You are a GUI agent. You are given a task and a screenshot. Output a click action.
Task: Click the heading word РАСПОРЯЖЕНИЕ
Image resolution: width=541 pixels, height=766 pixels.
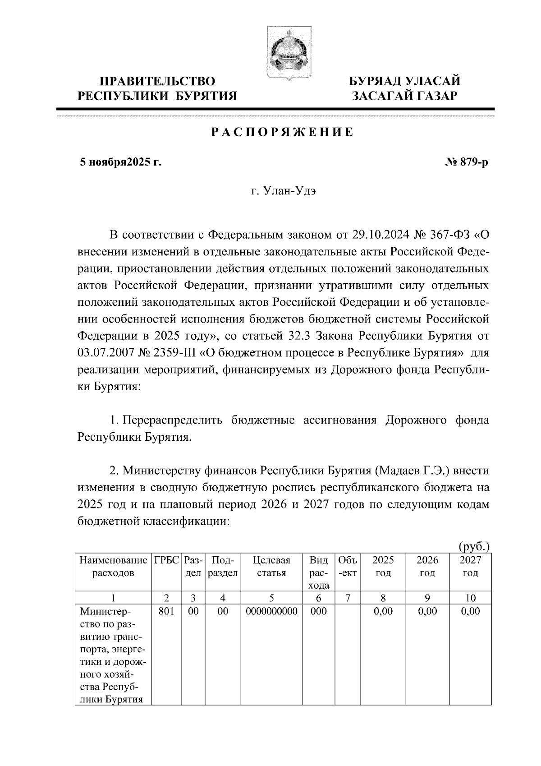pos(283,133)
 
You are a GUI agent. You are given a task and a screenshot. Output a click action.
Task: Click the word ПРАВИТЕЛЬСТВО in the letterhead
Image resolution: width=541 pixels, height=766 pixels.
pos(157,82)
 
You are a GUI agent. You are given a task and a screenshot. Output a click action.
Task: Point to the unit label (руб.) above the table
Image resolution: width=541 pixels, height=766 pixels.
pos(474,547)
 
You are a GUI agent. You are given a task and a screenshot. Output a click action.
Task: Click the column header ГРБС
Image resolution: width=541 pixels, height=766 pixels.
pos(167,561)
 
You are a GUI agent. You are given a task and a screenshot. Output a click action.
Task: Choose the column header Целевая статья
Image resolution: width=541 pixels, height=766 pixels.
pos(271,567)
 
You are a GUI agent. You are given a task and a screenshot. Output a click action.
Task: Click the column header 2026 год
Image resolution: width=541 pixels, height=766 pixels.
pos(427,567)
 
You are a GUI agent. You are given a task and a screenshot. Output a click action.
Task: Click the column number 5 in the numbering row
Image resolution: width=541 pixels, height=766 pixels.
pos(271,599)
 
